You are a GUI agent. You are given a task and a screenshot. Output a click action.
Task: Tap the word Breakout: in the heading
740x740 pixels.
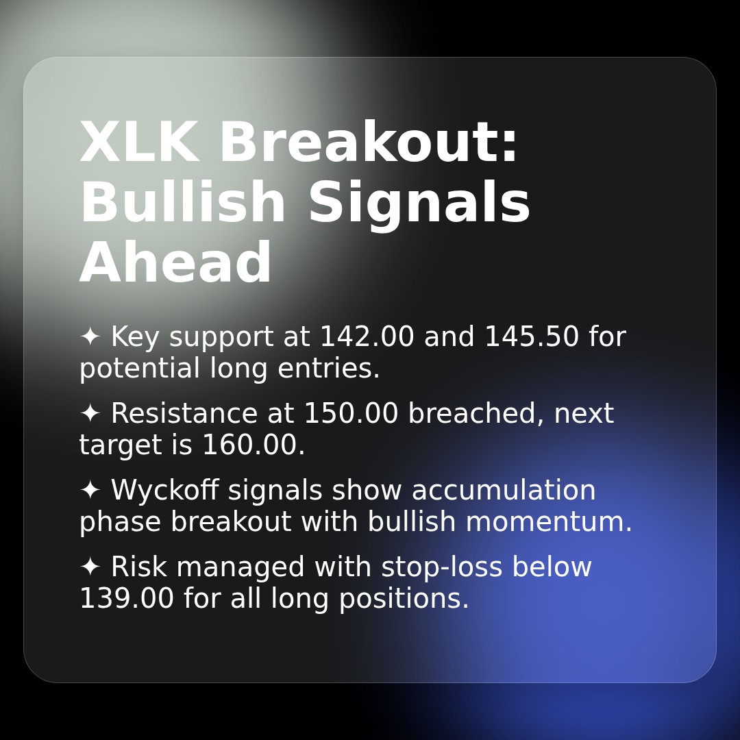(x=369, y=143)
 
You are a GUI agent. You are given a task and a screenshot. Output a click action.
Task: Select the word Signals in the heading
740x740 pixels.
(x=419, y=203)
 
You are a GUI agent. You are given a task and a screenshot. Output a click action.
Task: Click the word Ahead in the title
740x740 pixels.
(x=176, y=264)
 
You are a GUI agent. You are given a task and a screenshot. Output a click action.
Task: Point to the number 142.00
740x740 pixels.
(x=367, y=337)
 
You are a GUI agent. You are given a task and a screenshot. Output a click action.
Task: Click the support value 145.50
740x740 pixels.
(x=532, y=337)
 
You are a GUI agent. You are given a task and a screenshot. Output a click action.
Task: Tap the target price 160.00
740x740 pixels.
(x=253, y=445)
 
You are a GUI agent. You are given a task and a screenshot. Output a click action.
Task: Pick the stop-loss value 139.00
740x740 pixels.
(x=127, y=599)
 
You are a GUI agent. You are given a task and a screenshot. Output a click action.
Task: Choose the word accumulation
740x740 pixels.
(x=504, y=491)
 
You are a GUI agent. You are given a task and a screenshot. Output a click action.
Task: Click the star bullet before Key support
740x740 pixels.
(x=90, y=337)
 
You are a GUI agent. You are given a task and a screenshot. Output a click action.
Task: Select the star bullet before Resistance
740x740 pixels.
(x=90, y=414)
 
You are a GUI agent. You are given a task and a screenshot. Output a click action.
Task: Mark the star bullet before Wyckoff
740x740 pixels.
(x=90, y=491)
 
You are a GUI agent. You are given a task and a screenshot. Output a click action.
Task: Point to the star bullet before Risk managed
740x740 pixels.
(x=90, y=567)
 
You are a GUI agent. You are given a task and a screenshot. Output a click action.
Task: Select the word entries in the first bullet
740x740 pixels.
(x=328, y=369)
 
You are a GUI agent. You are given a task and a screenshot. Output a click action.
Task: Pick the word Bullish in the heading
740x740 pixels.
(x=182, y=203)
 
